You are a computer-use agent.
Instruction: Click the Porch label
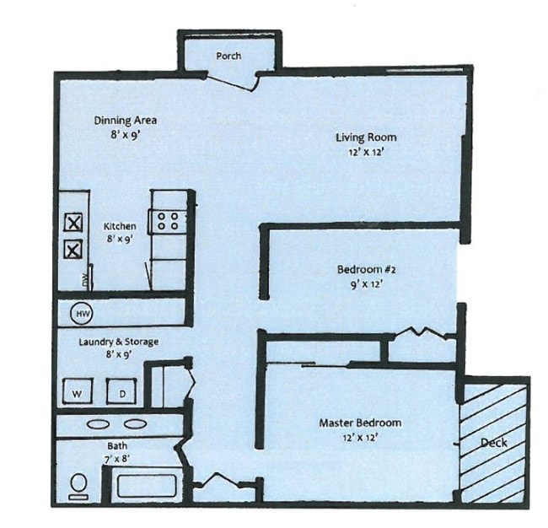[228, 56]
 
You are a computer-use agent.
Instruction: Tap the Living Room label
[365, 137]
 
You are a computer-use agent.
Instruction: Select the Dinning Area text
[125, 120]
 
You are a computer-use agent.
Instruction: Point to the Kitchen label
[120, 226]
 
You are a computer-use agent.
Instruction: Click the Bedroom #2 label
[366, 269]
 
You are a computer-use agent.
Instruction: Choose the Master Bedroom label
[359, 422]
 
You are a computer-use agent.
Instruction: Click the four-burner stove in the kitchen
[168, 221]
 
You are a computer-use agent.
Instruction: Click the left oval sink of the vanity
[98, 424]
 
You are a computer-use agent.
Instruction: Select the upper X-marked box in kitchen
[73, 224]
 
